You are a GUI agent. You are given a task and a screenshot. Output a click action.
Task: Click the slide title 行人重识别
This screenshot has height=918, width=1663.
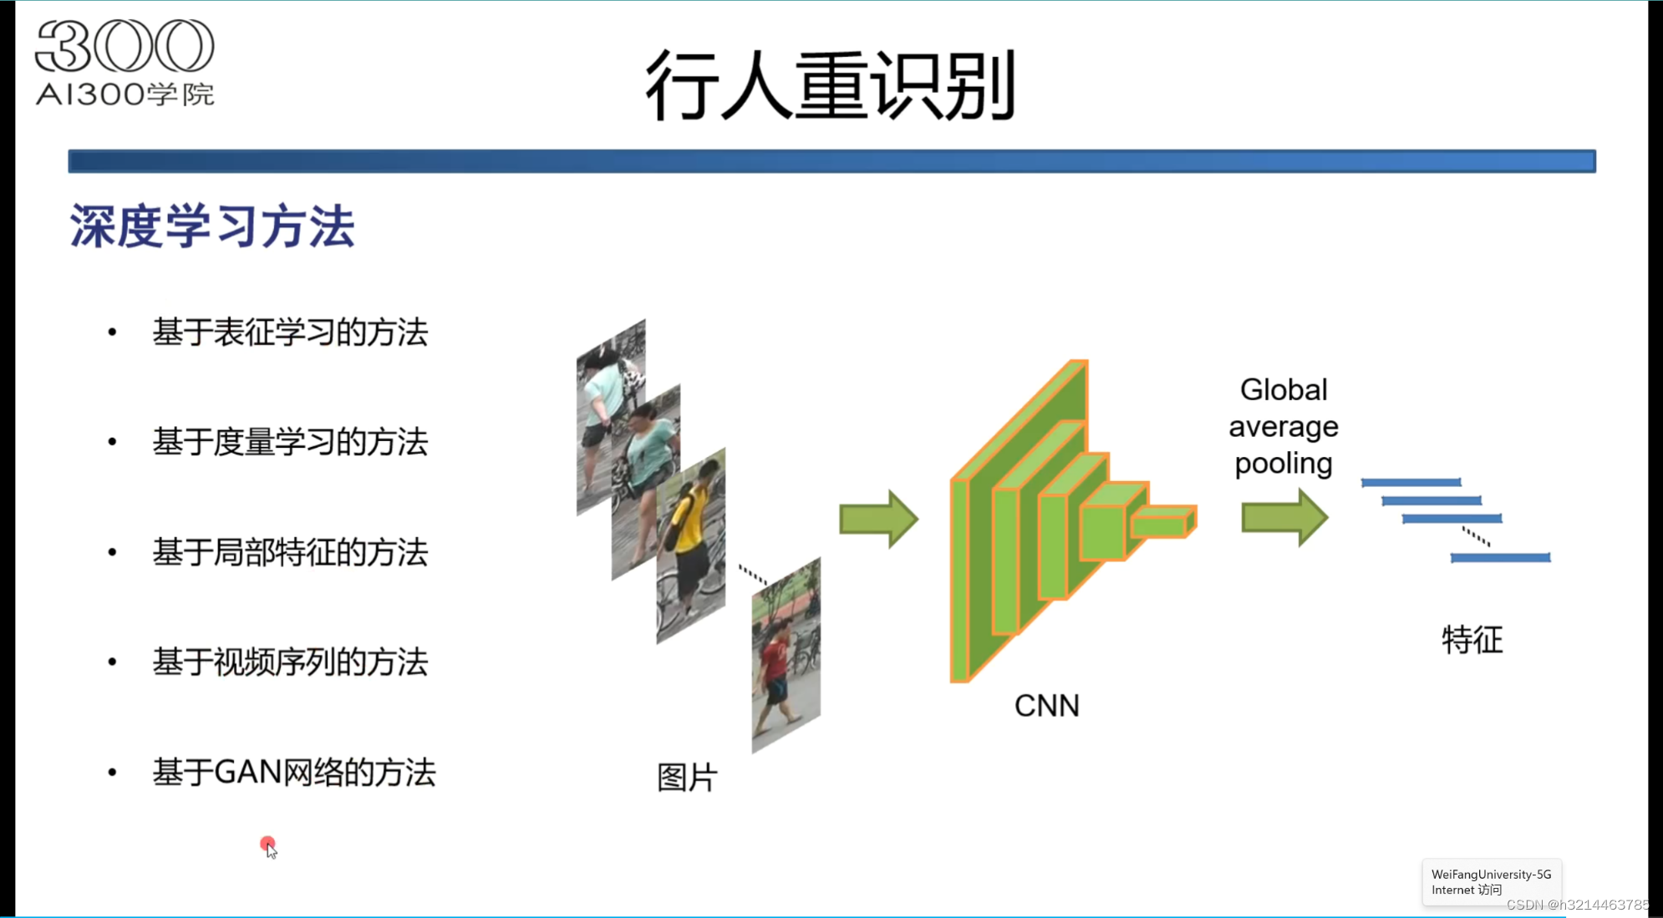pos(830,85)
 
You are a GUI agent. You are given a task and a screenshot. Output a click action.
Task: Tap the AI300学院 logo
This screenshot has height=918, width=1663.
pos(125,63)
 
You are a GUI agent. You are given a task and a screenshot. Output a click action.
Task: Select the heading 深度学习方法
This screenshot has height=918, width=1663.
pos(212,226)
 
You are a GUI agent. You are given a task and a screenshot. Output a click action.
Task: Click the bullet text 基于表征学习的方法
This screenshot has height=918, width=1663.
pos(290,332)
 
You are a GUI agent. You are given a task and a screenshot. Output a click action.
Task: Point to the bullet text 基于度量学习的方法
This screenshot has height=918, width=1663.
pos(290,442)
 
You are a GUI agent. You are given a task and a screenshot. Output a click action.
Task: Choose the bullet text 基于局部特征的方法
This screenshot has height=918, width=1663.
pos(290,552)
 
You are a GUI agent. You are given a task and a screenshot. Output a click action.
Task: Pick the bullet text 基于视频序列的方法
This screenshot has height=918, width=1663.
pos(290,662)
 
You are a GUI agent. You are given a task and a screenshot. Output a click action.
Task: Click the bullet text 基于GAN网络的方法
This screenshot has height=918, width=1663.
pos(293,773)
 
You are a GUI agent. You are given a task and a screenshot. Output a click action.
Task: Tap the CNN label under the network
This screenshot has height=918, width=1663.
pos(1046,706)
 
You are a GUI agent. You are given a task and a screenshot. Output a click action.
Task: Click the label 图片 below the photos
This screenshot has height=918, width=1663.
pos(687,778)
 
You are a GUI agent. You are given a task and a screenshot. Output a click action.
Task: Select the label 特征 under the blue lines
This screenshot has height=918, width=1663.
pos(1472,640)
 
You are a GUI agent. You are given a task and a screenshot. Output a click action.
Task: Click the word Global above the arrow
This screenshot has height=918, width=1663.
pos(1284,390)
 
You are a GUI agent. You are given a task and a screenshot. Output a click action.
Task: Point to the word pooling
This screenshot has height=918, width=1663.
pos(1284,464)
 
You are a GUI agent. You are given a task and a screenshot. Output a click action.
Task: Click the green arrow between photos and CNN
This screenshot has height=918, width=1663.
pos(878,519)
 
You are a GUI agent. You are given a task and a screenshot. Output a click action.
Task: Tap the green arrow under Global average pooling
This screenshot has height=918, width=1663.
pos(1284,518)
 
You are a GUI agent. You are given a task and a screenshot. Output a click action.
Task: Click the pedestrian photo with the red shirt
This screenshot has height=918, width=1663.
pos(786,656)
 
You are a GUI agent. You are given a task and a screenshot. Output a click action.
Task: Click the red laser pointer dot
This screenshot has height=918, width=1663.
pos(267,844)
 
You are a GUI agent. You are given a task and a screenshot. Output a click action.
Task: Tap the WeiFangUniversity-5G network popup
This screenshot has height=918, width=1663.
pos(1491,882)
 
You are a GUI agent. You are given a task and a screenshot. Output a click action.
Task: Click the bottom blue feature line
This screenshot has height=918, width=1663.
pos(1500,557)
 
